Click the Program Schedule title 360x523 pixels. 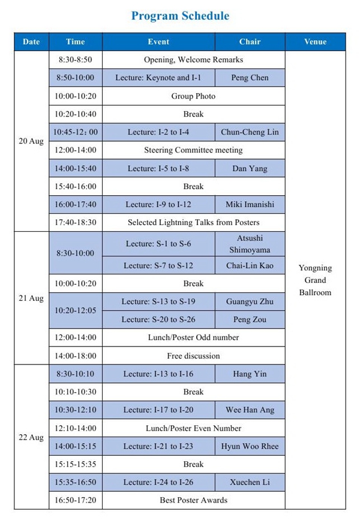pyautogui.click(x=180, y=16)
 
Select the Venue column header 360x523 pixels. pyautogui.click(x=315, y=41)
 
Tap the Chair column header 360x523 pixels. pyautogui.click(x=250, y=41)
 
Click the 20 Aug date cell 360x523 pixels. pyautogui.click(x=31, y=141)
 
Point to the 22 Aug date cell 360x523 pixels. pyautogui.click(x=31, y=437)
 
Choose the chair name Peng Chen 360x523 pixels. pyautogui.click(x=250, y=77)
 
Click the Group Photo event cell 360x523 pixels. pyautogui.click(x=193, y=96)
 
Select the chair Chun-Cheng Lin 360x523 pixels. pyautogui.click(x=250, y=132)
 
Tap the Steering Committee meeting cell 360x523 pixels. pyautogui.click(x=193, y=150)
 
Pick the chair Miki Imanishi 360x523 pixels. pyautogui.click(x=250, y=204)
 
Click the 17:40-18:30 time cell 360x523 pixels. pyautogui.click(x=76, y=222)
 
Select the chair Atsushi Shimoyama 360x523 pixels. pyautogui.click(x=250, y=243)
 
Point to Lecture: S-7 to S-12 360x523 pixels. pyautogui.click(x=158, y=265)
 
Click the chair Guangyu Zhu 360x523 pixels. pyautogui.click(x=250, y=301)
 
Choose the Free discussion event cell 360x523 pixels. pyautogui.click(x=193, y=355)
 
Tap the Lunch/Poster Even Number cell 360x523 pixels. pyautogui.click(x=193, y=428)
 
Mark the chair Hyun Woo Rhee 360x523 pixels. pyautogui.click(x=250, y=446)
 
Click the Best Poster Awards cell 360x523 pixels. pyautogui.click(x=193, y=500)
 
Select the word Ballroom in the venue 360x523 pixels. pyautogui.click(x=315, y=292)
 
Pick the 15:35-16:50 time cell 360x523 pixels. pyautogui.click(x=76, y=482)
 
